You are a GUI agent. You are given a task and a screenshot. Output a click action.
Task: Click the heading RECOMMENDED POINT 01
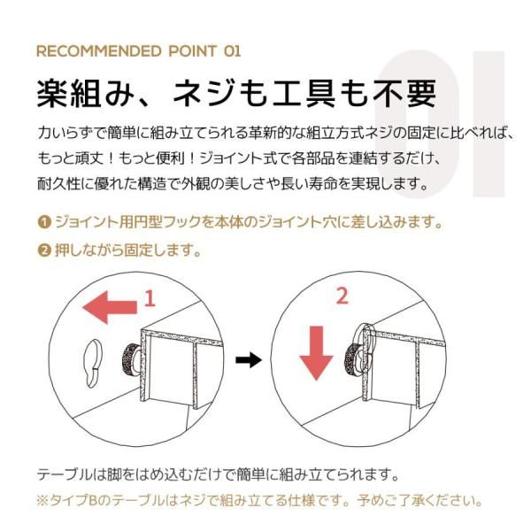point(139,51)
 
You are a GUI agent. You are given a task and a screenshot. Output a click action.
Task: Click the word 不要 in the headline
point(404,93)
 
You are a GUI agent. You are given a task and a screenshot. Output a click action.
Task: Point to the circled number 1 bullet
point(44,222)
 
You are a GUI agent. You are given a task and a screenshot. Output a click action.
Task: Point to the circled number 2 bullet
point(44,250)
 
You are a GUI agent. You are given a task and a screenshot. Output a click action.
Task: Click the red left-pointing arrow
point(110,307)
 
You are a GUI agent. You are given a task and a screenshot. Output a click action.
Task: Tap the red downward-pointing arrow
point(316,353)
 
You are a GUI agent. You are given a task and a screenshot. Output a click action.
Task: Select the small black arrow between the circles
point(249,359)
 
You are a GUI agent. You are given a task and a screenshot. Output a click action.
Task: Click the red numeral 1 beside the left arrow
point(150,299)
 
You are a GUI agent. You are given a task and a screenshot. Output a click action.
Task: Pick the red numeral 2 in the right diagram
point(342,296)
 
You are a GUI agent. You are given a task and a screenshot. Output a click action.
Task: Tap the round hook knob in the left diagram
point(131,358)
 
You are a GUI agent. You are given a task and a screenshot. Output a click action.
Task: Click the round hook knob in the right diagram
point(354,359)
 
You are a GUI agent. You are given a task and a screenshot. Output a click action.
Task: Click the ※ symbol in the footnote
point(42,501)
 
